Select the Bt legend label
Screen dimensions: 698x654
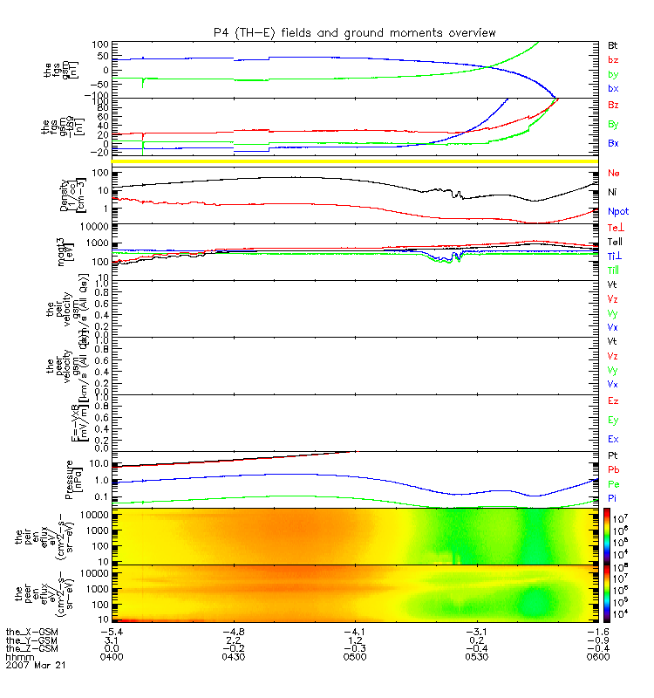[614, 43]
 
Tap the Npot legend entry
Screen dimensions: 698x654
[618, 211]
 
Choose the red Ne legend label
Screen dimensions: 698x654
[614, 174]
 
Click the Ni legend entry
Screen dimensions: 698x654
[613, 192]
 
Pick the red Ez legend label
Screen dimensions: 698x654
[614, 400]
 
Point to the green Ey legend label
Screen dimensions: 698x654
[614, 420]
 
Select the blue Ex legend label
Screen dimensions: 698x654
[614, 439]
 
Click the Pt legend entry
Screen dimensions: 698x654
[613, 457]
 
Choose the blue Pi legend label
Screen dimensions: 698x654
[613, 496]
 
